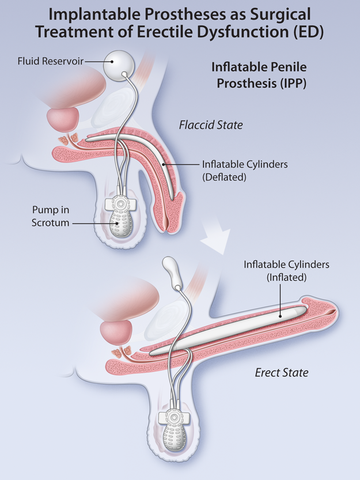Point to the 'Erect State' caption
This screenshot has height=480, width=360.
pyautogui.click(x=281, y=372)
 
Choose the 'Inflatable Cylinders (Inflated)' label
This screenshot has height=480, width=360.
pyautogui.click(x=286, y=271)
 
